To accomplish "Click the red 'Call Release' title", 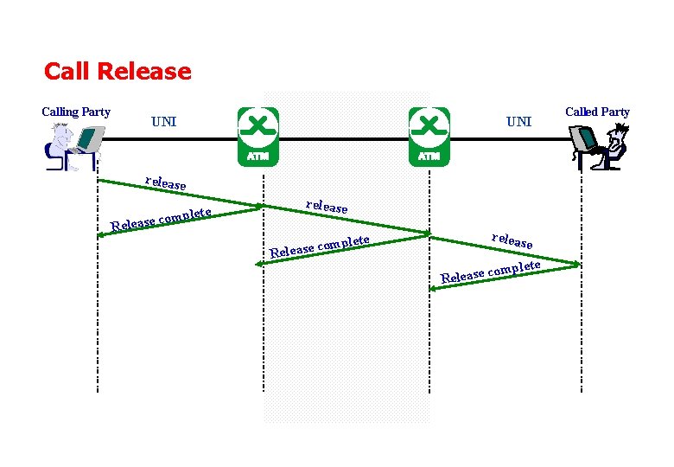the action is (118, 72).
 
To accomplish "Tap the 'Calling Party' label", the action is (76, 112).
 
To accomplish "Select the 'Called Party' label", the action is (597, 112).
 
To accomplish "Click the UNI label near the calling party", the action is (164, 122).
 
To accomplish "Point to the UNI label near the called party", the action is (518, 122).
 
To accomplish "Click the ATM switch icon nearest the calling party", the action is (258, 137).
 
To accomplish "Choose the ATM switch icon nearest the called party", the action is (429, 137).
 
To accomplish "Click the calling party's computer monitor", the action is (90, 139).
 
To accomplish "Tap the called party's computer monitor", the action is (583, 138).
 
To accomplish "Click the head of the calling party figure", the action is (61, 131).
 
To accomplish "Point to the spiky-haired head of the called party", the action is (618, 134).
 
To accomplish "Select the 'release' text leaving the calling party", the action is (166, 183).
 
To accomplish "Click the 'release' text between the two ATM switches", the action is (327, 207).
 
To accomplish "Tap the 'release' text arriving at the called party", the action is (512, 240).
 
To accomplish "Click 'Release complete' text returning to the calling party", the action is (161, 220).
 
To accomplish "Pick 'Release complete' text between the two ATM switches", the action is (320, 246).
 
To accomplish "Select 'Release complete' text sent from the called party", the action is (491, 272).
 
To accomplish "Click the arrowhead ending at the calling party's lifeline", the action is (100, 235).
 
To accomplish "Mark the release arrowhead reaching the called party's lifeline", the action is (577, 264).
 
